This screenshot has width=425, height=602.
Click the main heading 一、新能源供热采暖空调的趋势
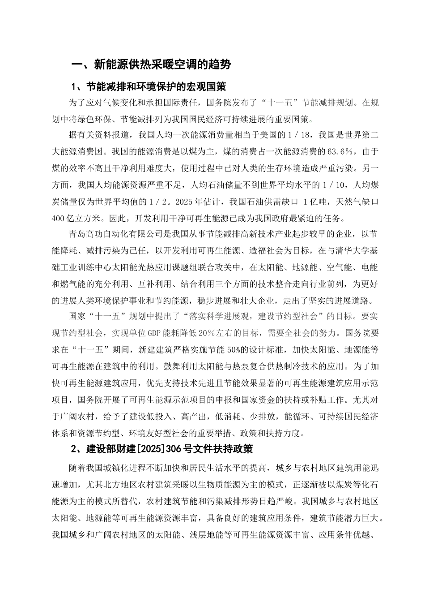click(x=152, y=64)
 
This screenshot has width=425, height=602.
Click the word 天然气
click(x=338, y=202)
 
